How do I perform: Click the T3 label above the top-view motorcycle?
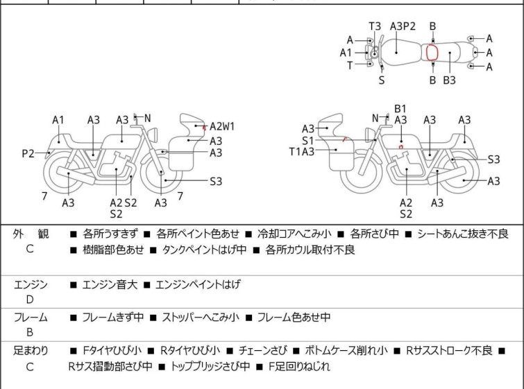(375, 26)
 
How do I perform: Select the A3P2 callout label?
(403, 26)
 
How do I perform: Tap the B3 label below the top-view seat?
(450, 80)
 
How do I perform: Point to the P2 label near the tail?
(28, 154)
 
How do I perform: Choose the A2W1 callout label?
(222, 127)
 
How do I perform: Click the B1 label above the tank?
(400, 109)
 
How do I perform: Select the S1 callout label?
(307, 141)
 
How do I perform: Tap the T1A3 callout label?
(302, 152)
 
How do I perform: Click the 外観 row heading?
(31, 234)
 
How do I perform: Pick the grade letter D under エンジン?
(30, 300)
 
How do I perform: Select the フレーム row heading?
(31, 317)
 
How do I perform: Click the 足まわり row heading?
(31, 351)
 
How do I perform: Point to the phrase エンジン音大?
(110, 284)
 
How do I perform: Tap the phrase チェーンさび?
(262, 351)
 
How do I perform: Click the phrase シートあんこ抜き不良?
(463, 234)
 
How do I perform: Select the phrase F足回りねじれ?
(299, 367)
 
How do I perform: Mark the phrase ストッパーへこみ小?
(201, 317)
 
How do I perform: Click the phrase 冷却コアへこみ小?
(294, 234)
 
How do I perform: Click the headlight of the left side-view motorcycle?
(153, 135)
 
